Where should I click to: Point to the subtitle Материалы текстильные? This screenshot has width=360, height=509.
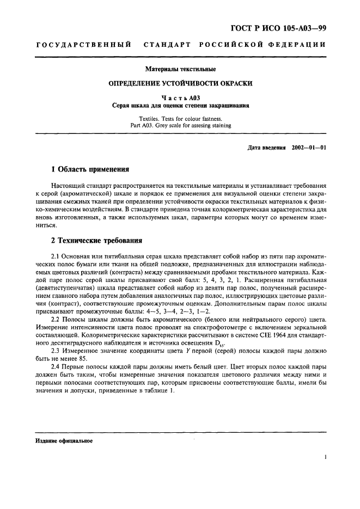tap(180, 70)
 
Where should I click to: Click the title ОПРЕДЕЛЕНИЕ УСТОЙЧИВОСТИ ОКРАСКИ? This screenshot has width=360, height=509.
tap(180, 84)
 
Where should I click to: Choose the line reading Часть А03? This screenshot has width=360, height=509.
tap(180, 98)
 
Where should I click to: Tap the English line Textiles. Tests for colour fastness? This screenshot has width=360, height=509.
tap(180, 118)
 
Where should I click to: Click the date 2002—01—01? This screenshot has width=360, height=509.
tap(309, 148)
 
